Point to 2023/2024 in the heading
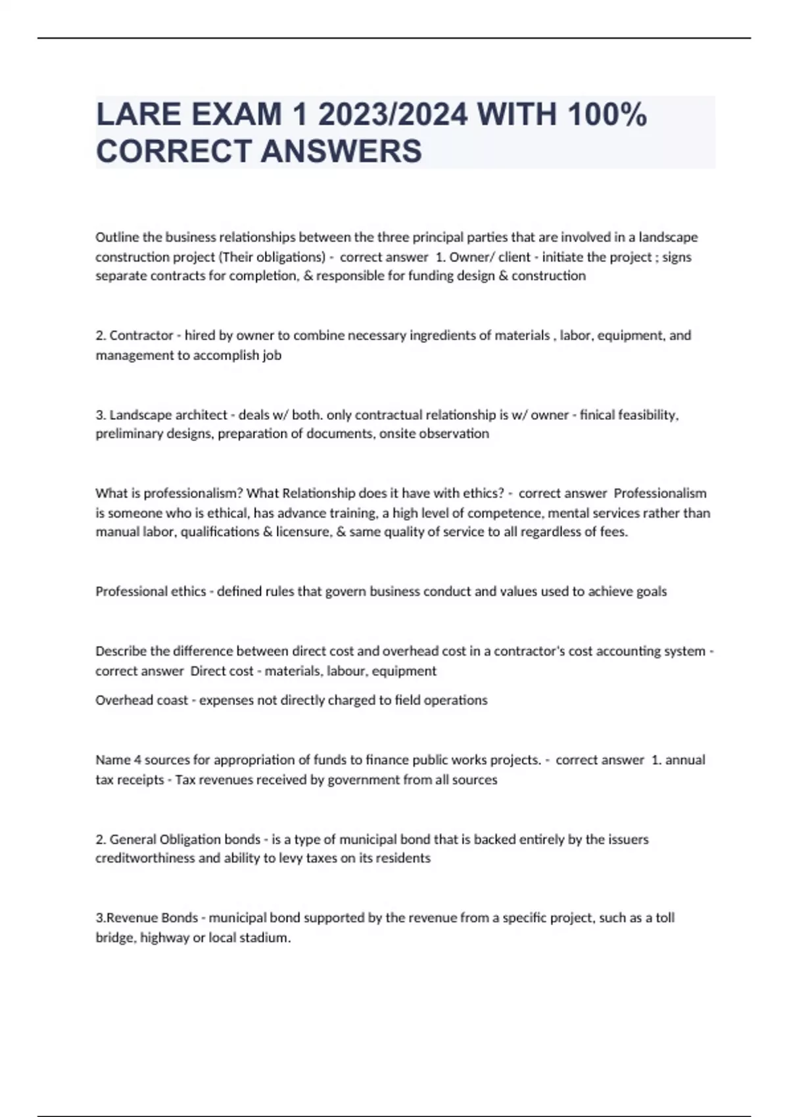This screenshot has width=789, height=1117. (x=393, y=114)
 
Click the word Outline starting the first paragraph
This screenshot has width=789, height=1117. (x=117, y=237)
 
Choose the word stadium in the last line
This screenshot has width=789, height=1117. (x=268, y=938)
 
